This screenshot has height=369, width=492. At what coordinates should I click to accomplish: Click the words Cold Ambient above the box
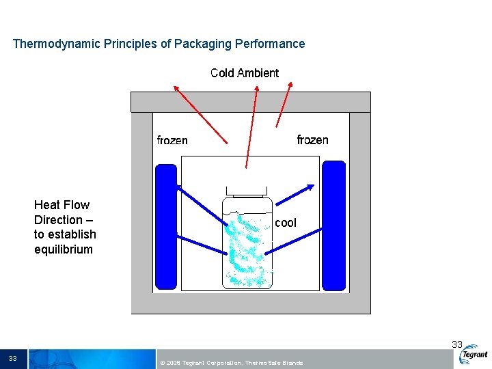(245, 73)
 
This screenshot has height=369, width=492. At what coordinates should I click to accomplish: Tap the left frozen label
(172, 140)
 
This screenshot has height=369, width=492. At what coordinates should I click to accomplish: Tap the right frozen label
(312, 140)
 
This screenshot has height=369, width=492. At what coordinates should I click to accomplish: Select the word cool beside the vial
(286, 223)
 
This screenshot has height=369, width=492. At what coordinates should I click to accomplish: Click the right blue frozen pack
(333, 225)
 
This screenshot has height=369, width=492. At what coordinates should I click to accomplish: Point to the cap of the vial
(247, 192)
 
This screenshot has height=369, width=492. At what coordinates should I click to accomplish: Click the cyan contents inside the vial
(247, 249)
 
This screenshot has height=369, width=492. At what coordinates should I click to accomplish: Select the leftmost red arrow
(200, 113)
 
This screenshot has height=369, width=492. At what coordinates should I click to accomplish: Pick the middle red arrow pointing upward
(251, 126)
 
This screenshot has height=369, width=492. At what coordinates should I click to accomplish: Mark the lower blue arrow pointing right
(292, 241)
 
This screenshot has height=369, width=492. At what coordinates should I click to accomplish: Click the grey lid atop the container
(250, 102)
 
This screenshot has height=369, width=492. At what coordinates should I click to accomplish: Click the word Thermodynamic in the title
(57, 44)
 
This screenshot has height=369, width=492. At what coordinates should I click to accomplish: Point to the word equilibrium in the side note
(64, 249)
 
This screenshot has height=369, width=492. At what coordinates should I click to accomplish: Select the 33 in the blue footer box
(13, 359)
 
